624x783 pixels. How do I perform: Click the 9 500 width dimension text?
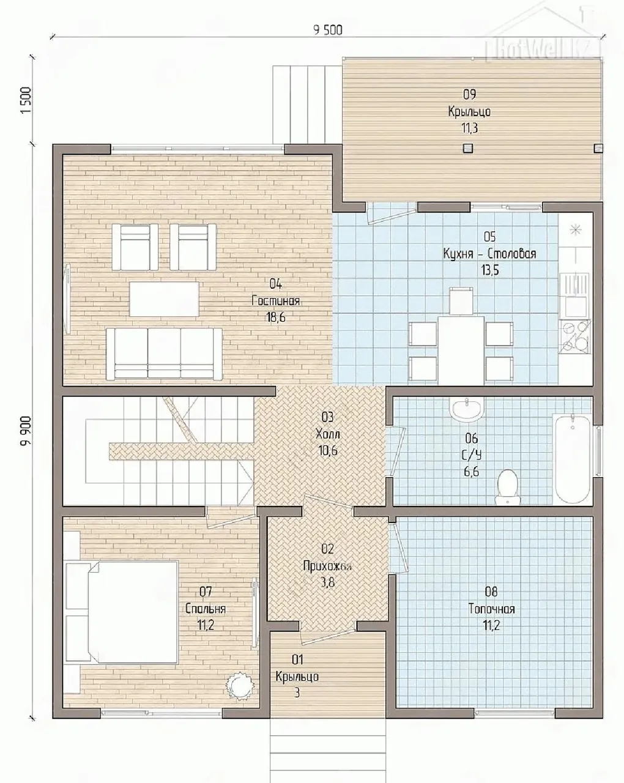328,29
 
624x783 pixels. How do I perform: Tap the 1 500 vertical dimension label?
26,100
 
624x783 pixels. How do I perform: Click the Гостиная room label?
275,301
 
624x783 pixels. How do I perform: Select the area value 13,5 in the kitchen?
490,270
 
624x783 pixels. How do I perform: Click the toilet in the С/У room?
507,487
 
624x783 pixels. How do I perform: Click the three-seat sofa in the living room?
164,354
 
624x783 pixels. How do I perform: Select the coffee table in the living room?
164,299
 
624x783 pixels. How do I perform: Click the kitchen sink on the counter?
575,295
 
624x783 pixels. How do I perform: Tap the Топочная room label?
491,609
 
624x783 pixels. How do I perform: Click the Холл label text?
327,434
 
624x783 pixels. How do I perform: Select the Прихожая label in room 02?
327,566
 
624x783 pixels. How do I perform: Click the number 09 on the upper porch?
469,94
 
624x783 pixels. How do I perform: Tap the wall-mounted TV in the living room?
68,298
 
